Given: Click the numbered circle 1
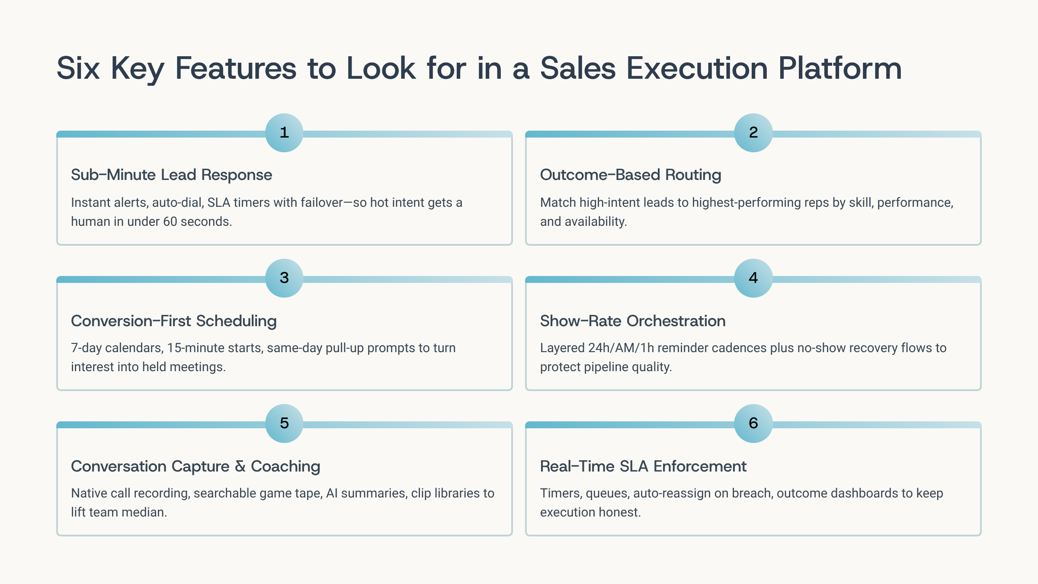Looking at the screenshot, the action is click(284, 133).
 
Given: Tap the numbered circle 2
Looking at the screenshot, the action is click(753, 133).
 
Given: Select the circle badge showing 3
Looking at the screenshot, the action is click(284, 278).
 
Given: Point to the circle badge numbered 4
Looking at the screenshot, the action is click(753, 278).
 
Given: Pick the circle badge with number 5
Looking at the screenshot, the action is click(284, 424).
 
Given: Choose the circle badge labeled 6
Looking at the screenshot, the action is click(753, 424).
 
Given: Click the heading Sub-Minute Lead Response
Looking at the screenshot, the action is click(172, 175).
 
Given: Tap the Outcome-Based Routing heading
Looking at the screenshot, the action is click(631, 175).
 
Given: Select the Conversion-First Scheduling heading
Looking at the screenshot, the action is click(174, 321).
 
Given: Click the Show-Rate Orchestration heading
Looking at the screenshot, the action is click(633, 321).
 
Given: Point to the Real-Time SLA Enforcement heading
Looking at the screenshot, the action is click(643, 466).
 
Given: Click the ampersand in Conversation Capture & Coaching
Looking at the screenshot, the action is click(240, 466).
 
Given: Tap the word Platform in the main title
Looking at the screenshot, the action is click(840, 68).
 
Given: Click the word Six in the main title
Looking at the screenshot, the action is click(78, 68).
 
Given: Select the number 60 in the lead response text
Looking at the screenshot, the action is click(170, 221).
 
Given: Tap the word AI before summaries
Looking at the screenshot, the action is click(332, 493).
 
